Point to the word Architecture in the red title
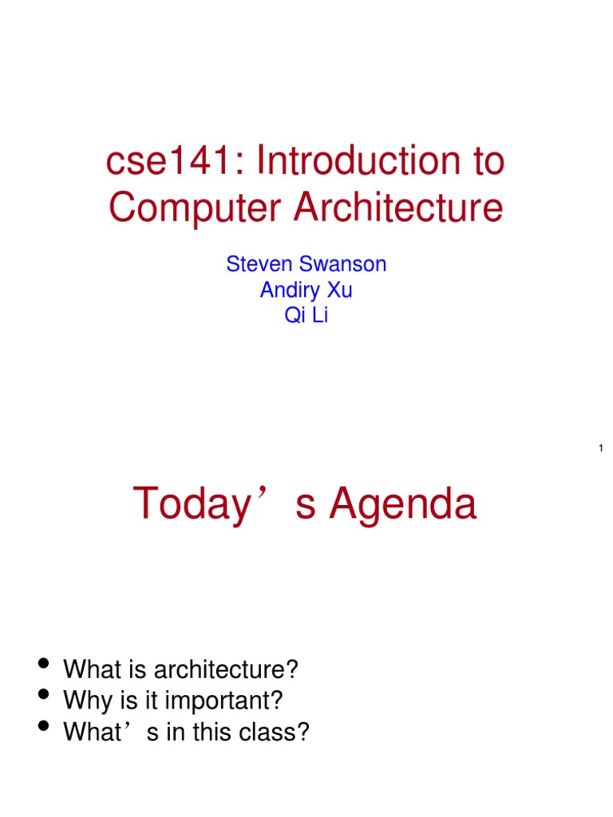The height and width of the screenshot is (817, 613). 398,208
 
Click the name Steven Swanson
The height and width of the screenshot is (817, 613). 306,265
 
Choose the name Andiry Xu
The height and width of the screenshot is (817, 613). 306,290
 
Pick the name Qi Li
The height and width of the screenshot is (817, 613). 306,316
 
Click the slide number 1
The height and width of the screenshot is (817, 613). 599,450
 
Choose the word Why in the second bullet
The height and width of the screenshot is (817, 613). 83,701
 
